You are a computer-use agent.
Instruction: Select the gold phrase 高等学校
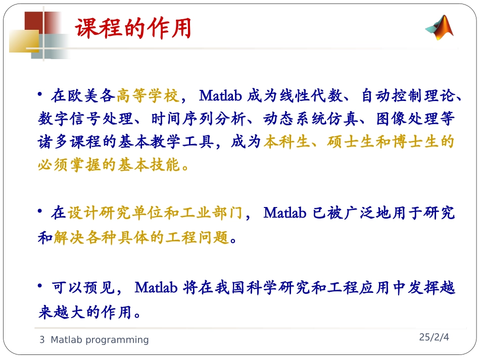148,95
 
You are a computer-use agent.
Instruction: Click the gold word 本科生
286,142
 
